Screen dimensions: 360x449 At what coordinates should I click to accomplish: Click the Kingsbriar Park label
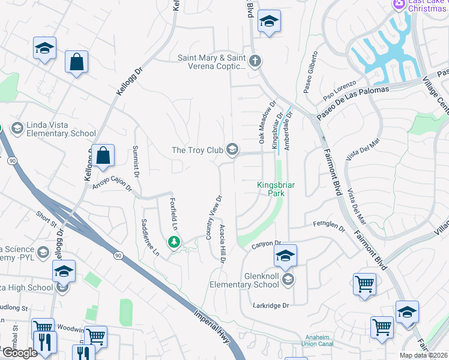(276, 190)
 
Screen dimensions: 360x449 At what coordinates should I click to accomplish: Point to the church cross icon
(255, 61)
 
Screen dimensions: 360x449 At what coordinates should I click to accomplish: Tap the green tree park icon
(174, 242)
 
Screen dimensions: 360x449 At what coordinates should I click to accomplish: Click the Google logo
(20, 352)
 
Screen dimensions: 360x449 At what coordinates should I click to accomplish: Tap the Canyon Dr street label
(267, 245)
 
